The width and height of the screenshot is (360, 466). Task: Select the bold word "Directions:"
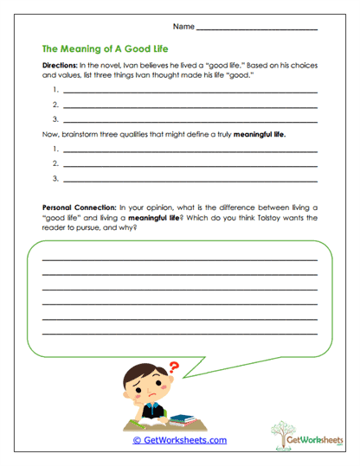click(x=61, y=67)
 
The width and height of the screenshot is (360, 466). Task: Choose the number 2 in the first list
click(x=55, y=105)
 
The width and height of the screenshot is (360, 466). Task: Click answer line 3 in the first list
click(x=190, y=120)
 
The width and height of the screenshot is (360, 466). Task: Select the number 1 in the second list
click(x=55, y=150)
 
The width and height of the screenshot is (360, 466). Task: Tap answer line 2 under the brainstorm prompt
click(x=190, y=164)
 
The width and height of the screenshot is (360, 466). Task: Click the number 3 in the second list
click(x=55, y=179)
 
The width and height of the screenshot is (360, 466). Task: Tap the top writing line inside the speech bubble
click(x=179, y=259)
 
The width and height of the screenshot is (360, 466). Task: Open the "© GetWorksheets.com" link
click(x=179, y=440)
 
